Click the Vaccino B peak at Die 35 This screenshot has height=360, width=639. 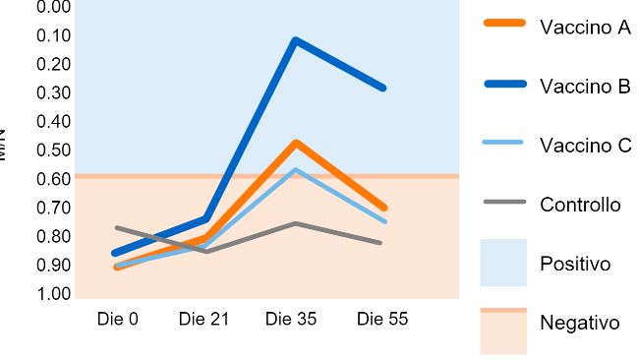coord(295,41)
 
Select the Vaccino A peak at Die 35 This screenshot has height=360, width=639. coord(295,144)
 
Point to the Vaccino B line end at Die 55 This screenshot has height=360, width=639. coord(382,89)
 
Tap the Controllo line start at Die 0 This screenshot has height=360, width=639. coord(117,228)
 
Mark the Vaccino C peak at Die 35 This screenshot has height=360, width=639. coord(295,170)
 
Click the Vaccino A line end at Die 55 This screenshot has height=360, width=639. coord(383,208)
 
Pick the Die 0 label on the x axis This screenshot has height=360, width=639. coord(117,320)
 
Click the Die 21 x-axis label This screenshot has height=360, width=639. coord(203,320)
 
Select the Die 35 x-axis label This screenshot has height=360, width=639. coord(291,320)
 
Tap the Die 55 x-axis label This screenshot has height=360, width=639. coord(381,320)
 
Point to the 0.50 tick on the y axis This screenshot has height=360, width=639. coord(53,150)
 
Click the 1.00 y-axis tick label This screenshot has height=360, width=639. coord(53,294)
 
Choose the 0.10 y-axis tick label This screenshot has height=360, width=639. coord(53,35)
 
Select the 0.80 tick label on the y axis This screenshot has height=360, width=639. coord(53,237)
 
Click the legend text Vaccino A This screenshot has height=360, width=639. coord(585,28)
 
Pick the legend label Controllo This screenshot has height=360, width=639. coord(580,206)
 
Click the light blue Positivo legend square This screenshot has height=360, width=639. coord(503,263)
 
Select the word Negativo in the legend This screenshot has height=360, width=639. coord(580,324)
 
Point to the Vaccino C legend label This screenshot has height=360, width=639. coord(585,146)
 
